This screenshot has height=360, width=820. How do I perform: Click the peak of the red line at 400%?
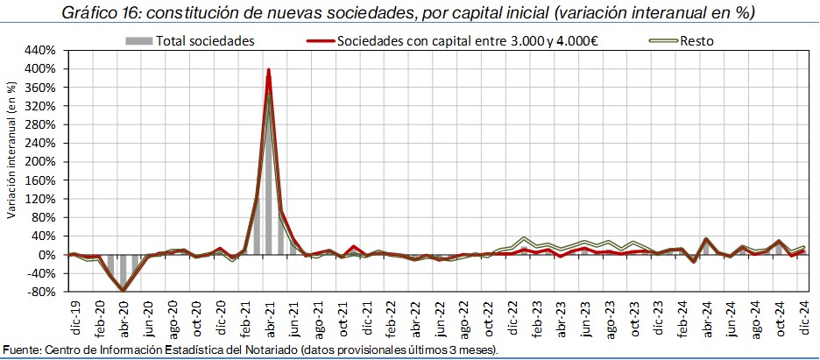(x=268, y=70)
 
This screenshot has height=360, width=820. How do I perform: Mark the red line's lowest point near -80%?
(x=124, y=290)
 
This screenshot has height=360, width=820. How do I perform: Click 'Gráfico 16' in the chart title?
(x=94, y=12)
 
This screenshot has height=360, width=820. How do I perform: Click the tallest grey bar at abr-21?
(x=268, y=175)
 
